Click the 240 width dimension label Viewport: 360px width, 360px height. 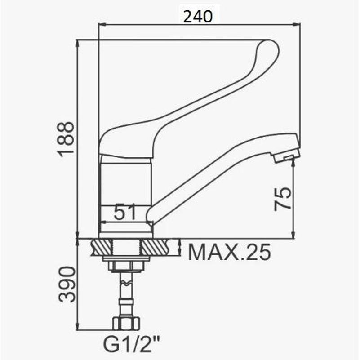198,17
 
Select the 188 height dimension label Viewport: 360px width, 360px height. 67,139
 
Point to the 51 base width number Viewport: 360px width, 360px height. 125,212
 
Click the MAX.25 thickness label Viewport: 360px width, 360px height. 229,252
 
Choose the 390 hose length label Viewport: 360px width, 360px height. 67,284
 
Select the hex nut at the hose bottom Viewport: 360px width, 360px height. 126,324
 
